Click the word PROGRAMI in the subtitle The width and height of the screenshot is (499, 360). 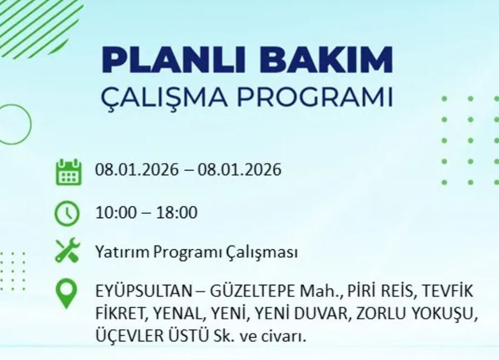tap(312, 98)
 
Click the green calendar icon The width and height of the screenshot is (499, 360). tap(68, 172)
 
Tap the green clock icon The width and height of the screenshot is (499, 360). tap(67, 213)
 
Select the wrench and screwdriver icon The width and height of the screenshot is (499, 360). tap(68, 250)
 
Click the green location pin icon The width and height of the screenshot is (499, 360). tap(66, 293)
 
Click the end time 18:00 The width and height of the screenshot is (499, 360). tap(178, 213)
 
